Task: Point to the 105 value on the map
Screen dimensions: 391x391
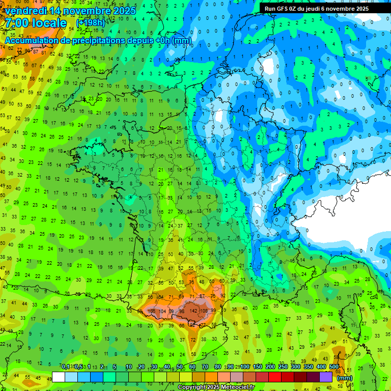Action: pos(151,311)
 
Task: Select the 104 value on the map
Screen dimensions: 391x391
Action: pos(162,311)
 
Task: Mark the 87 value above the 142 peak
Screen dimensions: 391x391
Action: pos(202,296)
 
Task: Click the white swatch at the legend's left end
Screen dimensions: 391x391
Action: pos(59,377)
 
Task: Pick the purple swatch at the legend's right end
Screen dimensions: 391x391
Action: pos(326,377)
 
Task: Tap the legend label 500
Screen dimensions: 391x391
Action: pos(334,367)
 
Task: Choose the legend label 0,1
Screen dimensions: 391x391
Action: pos(66,367)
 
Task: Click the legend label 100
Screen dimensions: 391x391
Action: pos(245,367)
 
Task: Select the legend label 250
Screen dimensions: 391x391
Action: pos(283,367)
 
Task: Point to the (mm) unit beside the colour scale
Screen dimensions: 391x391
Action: pos(345,378)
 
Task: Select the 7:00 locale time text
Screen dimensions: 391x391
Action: pos(36,23)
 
